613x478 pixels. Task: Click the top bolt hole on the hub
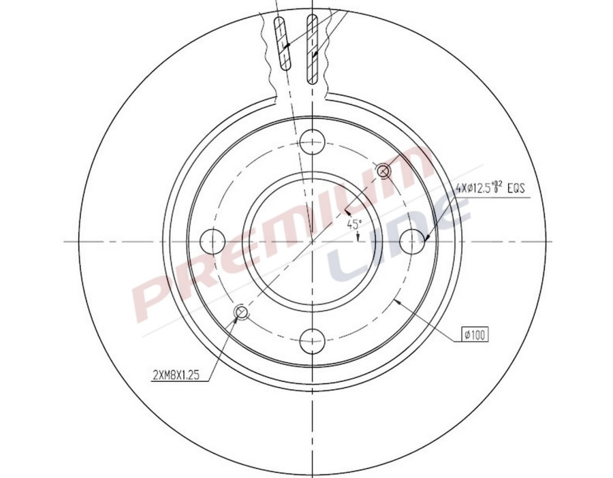[x=312, y=142]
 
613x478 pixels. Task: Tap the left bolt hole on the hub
[x=214, y=240]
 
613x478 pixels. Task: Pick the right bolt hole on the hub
[x=411, y=240]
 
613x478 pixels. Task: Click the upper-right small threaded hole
[x=383, y=170]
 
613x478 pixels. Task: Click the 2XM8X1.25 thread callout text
[x=175, y=374]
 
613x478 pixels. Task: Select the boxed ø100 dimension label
[x=475, y=334]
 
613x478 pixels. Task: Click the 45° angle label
[x=353, y=223]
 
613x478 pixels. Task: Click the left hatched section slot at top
[x=282, y=43]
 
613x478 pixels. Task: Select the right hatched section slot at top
[x=313, y=48]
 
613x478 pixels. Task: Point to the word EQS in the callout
[x=516, y=189]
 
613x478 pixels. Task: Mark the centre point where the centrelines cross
[x=312, y=240]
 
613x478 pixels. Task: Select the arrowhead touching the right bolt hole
[x=423, y=238]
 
